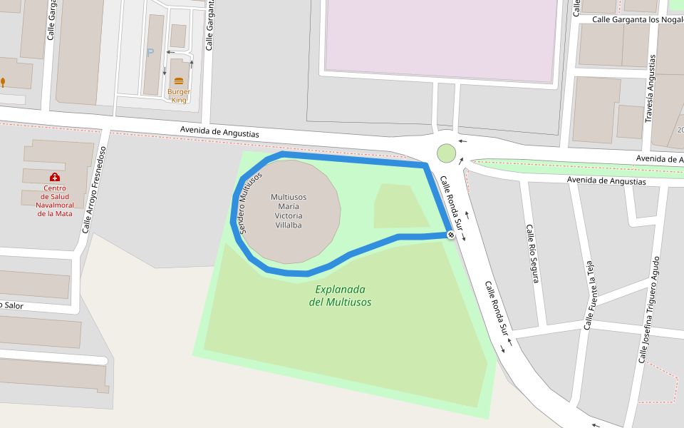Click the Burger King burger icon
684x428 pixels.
(x=178, y=81)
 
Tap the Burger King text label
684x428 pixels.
(x=178, y=96)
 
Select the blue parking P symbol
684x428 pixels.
(x=150, y=53)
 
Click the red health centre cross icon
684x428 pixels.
(x=55, y=177)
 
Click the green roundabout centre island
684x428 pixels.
(x=446, y=153)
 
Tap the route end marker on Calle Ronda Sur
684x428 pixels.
(x=451, y=235)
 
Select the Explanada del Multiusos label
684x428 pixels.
(x=340, y=295)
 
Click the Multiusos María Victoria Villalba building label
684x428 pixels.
(x=289, y=210)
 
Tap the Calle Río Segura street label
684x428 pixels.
(x=531, y=253)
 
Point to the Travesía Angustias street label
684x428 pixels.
(x=649, y=88)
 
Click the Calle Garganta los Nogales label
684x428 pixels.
(x=638, y=19)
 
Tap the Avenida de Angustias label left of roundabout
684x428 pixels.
(x=219, y=132)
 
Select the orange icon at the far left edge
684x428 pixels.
(x=3, y=82)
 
